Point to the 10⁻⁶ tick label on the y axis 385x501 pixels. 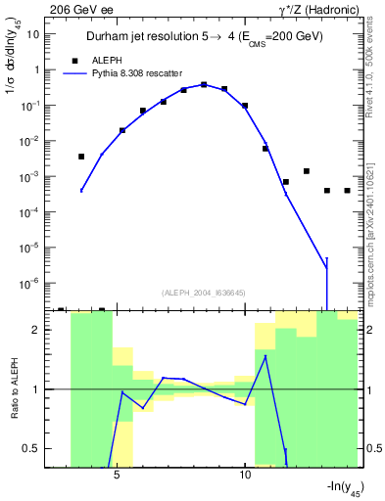pyautogui.click(x=31, y=283)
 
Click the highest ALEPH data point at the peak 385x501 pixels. pyautogui.click(x=204, y=84)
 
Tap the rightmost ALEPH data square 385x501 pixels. pyautogui.click(x=347, y=191)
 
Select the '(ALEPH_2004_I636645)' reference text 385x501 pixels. pyautogui.click(x=202, y=293)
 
